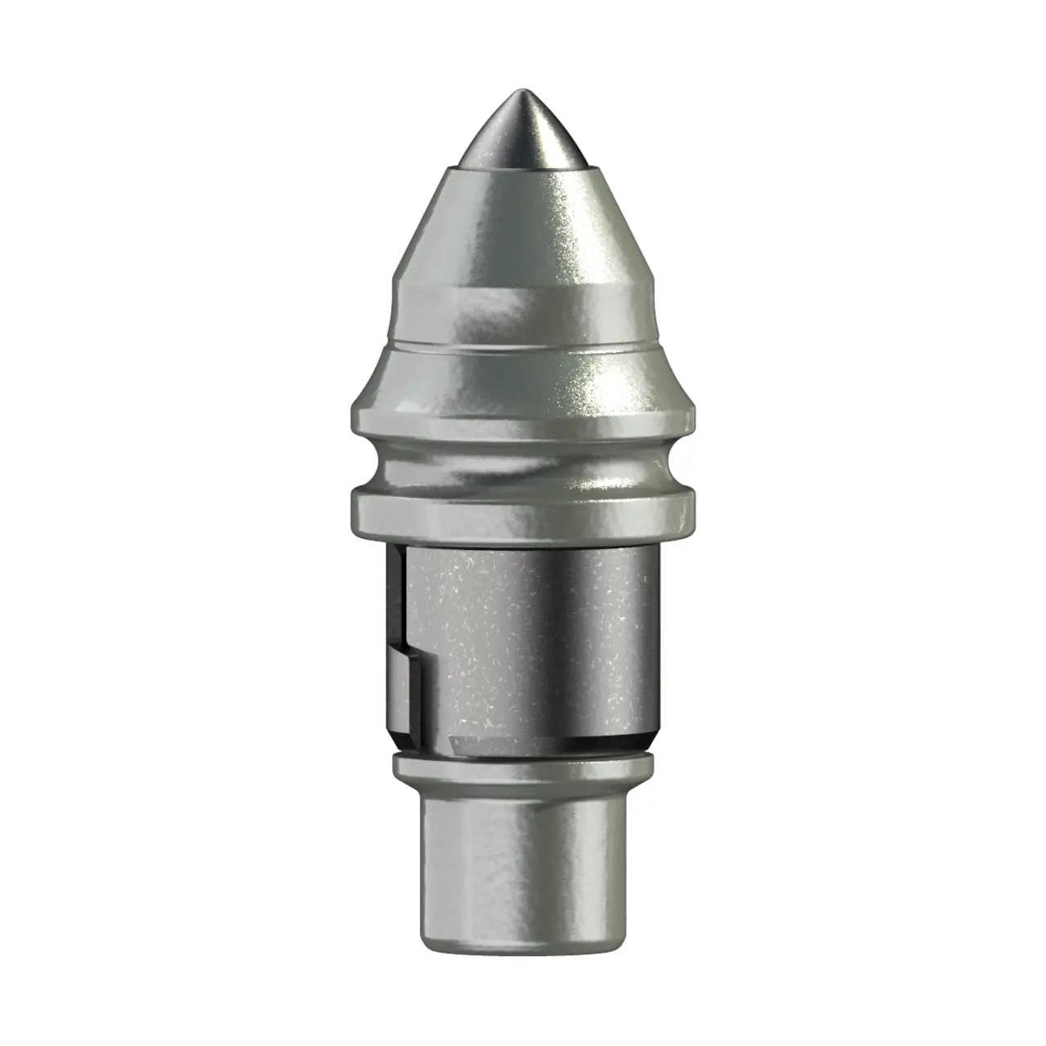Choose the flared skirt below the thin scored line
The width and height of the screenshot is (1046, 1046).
(524, 384)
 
